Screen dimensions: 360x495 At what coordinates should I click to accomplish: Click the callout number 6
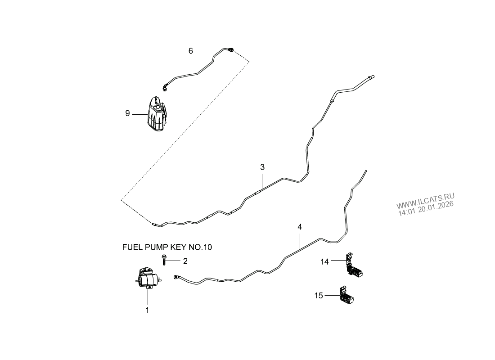point(190,51)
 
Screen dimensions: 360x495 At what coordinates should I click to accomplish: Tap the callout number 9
point(127,113)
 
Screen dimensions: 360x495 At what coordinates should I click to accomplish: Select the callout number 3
point(262,167)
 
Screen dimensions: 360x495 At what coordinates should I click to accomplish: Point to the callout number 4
point(300,227)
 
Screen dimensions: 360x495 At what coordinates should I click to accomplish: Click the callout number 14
point(325,261)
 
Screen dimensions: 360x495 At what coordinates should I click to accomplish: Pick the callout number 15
point(319,295)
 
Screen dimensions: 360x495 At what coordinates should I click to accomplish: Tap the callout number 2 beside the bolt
point(184,261)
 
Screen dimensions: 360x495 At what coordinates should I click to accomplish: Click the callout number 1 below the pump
point(147,310)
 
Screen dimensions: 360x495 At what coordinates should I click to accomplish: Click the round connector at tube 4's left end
point(176,277)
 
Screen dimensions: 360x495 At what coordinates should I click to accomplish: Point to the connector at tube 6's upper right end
point(231,49)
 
